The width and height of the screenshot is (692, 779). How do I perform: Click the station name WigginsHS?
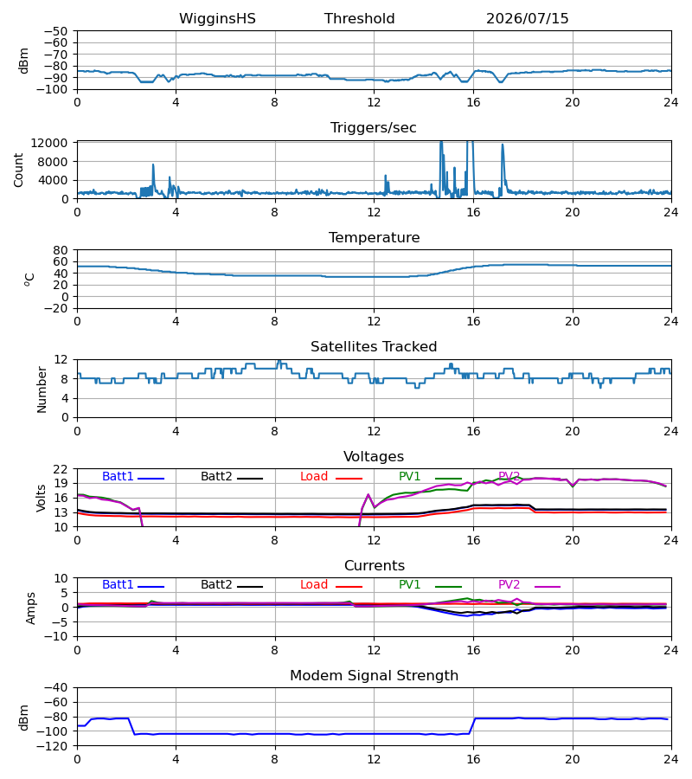pos(217,19)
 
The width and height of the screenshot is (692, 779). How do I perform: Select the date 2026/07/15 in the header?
pos(527,19)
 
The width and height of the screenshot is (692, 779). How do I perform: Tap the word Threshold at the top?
pos(359,19)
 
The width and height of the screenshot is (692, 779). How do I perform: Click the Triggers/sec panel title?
pos(374,128)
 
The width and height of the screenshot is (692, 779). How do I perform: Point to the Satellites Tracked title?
pos(374,347)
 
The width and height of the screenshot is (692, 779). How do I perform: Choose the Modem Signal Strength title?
pos(374,676)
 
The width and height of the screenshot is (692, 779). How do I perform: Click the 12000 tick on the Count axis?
pos(49,143)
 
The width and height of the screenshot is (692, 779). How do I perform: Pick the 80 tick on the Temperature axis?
pos(61,250)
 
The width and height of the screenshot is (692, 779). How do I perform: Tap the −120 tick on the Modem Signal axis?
pos(55,746)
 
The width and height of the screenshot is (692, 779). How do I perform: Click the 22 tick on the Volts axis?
pos(61,469)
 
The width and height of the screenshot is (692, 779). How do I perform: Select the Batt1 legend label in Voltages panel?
pos(118,476)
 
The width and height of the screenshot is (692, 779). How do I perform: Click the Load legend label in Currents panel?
pos(314,585)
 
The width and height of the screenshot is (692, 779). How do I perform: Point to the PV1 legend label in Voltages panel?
pos(409,476)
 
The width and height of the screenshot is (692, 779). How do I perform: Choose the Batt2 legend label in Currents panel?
pos(216,585)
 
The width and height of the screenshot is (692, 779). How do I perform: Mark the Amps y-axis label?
pos(31,608)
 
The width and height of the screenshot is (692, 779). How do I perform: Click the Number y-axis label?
pos(42,389)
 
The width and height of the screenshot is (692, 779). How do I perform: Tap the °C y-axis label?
pos(29,280)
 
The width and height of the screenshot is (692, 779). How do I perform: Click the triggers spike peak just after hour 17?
pos(503,145)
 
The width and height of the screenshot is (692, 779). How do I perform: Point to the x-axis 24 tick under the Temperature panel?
pos(671,321)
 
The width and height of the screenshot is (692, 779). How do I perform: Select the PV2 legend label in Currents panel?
pos(509,585)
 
